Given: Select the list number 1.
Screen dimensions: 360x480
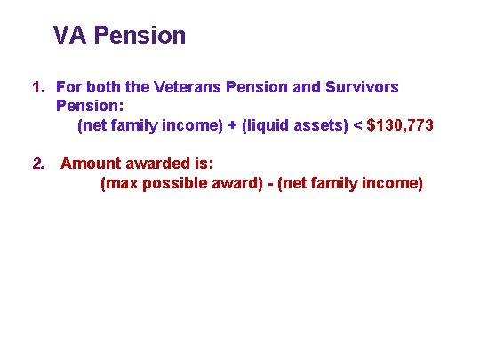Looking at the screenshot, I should point(36,87).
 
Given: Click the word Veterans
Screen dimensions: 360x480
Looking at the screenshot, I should point(186,87).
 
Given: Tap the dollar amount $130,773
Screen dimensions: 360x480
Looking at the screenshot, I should point(401,125).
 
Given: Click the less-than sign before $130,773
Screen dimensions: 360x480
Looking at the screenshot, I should point(357,125).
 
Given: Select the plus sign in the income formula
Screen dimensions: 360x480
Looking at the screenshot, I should point(231,125).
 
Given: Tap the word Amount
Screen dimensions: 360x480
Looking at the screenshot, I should point(92,164).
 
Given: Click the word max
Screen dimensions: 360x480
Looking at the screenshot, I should point(120,183).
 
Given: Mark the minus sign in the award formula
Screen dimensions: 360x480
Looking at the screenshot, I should point(268,183).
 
